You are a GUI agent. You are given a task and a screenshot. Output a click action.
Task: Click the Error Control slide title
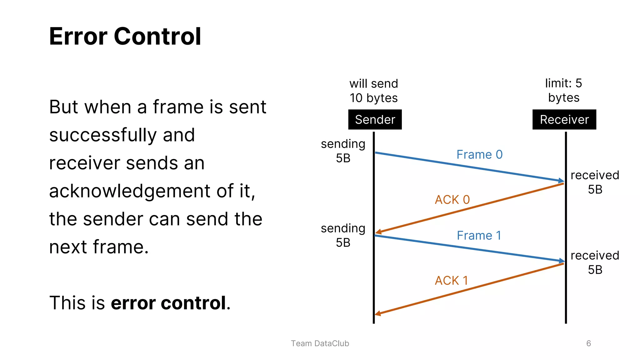pyautogui.click(x=125, y=36)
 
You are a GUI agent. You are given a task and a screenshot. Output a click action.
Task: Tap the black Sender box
pyautogui.click(x=375, y=120)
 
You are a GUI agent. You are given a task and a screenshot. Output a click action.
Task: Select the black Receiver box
pyautogui.click(x=564, y=120)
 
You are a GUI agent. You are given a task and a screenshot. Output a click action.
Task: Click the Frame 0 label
pyautogui.click(x=479, y=155)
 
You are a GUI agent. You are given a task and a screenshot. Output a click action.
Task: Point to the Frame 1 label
pyautogui.click(x=479, y=236)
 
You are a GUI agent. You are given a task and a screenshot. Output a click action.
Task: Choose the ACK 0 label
pyautogui.click(x=452, y=200)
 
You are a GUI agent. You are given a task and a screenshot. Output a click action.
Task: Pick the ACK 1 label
pyautogui.click(x=451, y=281)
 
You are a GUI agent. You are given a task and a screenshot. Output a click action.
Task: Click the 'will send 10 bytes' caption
pyautogui.click(x=373, y=91)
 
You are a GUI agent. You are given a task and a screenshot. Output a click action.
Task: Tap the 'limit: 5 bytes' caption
pyautogui.click(x=563, y=90)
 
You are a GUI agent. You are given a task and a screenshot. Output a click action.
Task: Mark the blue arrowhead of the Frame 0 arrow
pyautogui.click(x=561, y=180)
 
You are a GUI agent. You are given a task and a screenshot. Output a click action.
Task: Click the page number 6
pyautogui.click(x=588, y=343)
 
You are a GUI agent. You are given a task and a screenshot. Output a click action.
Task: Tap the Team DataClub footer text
pyautogui.click(x=320, y=343)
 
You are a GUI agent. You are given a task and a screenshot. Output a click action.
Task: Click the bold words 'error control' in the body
pyautogui.click(x=168, y=303)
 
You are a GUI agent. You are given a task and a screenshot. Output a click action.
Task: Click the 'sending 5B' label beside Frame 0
pyautogui.click(x=343, y=151)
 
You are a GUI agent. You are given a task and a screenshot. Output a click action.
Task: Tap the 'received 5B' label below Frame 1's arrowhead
pyautogui.click(x=595, y=262)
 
